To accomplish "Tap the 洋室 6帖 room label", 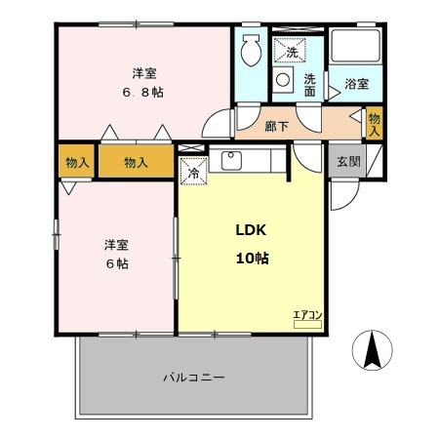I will (116, 254).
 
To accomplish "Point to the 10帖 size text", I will (251, 259).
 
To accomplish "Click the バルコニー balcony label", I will (195, 377).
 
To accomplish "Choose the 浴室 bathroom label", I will (356, 85).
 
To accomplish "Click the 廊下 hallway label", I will (276, 125).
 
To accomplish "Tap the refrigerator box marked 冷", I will (192, 169).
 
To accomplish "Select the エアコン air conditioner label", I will (307, 313).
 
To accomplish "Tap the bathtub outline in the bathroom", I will (354, 48).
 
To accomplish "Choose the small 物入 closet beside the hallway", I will (375, 124).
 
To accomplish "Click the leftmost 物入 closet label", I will (74, 162).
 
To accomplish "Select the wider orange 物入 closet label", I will (136, 162).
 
